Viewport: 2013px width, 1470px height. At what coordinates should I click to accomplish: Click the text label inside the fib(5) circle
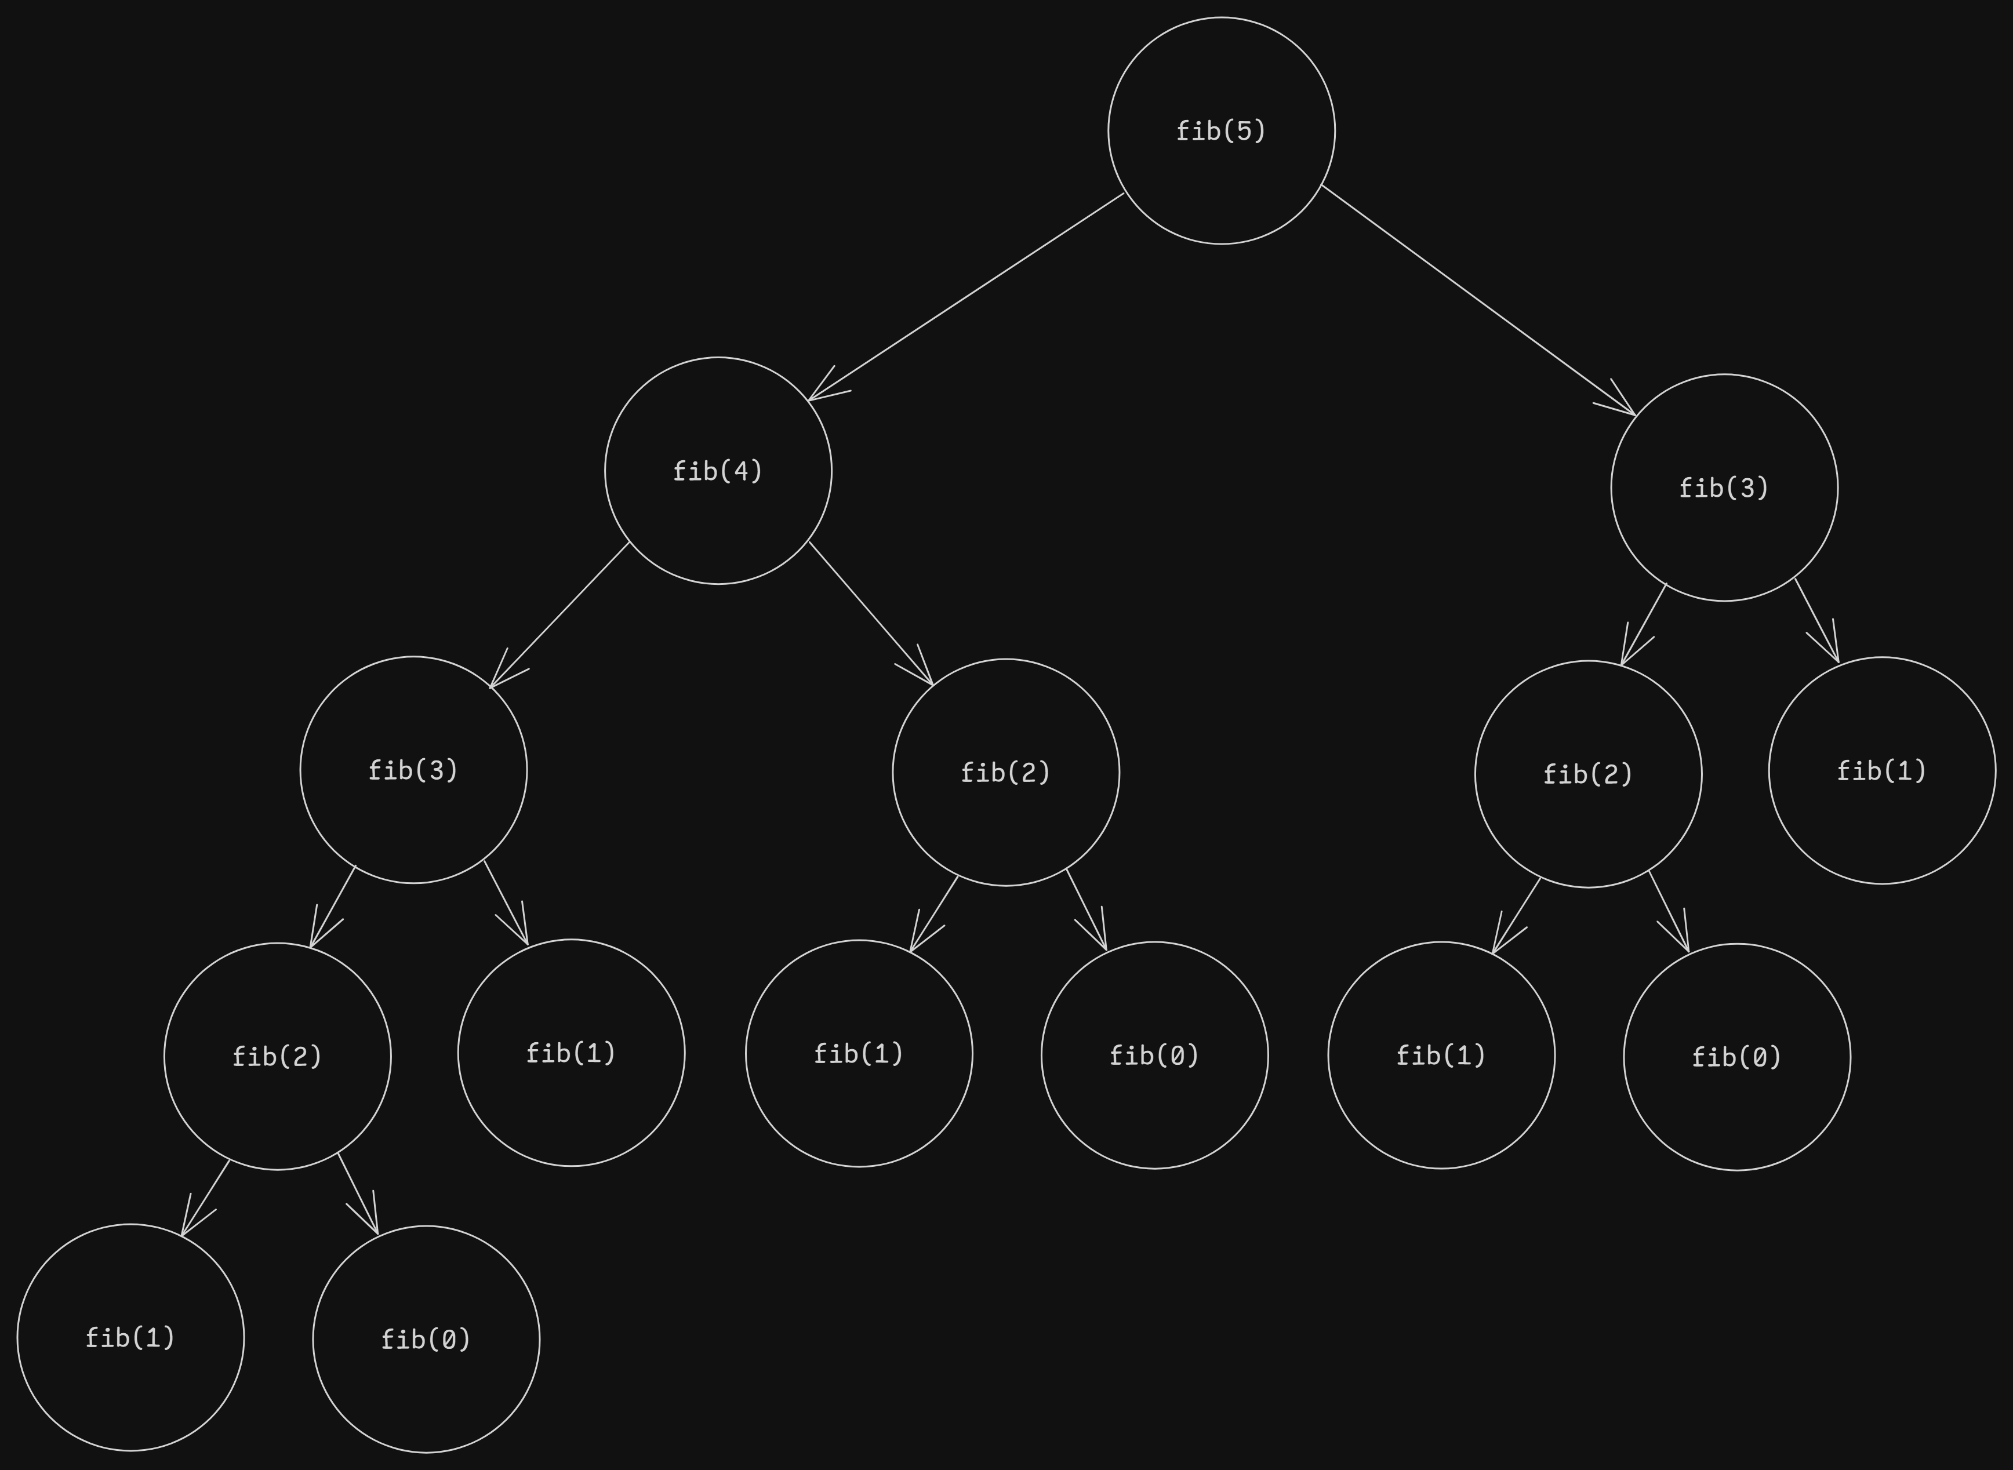[1221, 131]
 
